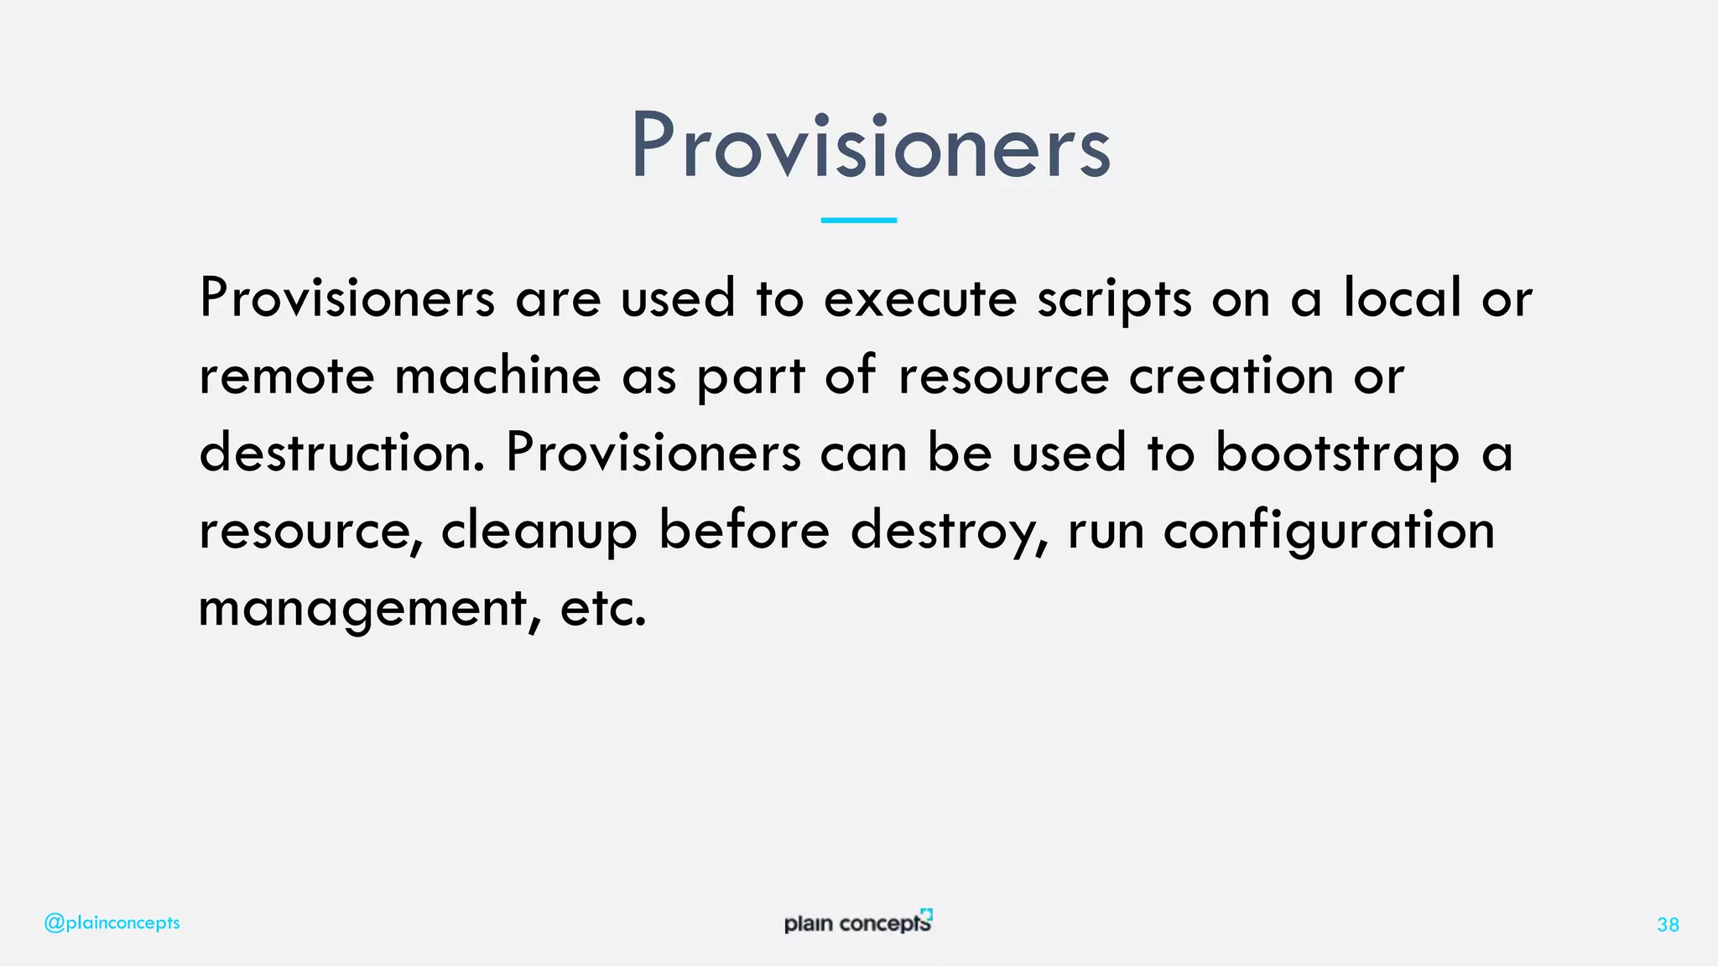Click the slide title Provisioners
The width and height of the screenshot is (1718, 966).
pyautogui.click(x=870, y=146)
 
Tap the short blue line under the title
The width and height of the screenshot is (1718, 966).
pyautogui.click(x=858, y=220)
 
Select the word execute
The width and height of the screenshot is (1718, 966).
pyautogui.click(x=920, y=299)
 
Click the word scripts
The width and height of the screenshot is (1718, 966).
pyautogui.click(x=1114, y=300)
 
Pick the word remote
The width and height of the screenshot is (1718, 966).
pyautogui.click(x=286, y=376)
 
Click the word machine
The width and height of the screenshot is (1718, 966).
pyautogui.click(x=498, y=376)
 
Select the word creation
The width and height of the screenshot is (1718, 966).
pyautogui.click(x=1231, y=376)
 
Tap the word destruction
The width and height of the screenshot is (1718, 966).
pyautogui.click(x=341, y=453)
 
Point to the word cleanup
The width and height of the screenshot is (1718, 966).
pyautogui.click(x=539, y=532)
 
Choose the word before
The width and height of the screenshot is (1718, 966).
pyautogui.click(x=744, y=530)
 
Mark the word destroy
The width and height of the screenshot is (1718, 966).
pyautogui.click(x=949, y=532)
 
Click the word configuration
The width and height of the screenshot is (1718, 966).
pyautogui.click(x=1329, y=532)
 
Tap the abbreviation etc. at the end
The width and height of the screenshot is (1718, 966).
pyautogui.click(x=602, y=609)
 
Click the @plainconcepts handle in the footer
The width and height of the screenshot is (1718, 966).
pyautogui.click(x=112, y=923)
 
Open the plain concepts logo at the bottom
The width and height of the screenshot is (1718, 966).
pyautogui.click(x=857, y=922)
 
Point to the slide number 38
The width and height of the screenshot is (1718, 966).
pyautogui.click(x=1668, y=925)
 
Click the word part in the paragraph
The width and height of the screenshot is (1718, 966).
pyautogui.click(x=751, y=377)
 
